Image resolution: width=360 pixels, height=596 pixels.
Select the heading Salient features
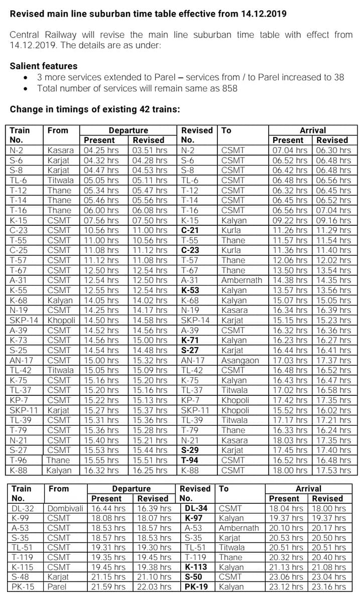(44, 66)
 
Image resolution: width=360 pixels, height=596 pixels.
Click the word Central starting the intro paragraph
(25, 35)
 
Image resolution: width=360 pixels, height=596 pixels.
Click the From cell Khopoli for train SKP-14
(61, 320)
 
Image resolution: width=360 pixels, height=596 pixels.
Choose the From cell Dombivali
(65, 508)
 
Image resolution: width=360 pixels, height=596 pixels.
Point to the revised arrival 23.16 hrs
(329, 586)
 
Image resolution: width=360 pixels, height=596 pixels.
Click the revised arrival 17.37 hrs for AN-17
(333, 360)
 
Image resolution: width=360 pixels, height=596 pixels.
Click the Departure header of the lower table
(131, 489)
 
